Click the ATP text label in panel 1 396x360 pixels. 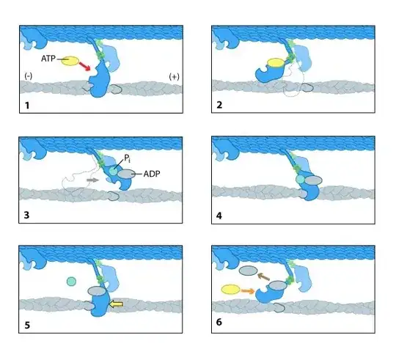click(x=48, y=59)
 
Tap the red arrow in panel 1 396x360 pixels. click(x=84, y=67)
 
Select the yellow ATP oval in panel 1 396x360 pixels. click(x=70, y=61)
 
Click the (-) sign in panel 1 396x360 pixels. click(x=29, y=76)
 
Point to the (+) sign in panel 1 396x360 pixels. click(x=174, y=76)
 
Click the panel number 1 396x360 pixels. click(x=27, y=105)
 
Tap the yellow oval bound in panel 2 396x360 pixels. click(x=276, y=62)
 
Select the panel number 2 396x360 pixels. click(x=219, y=105)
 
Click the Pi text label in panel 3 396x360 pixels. click(x=127, y=158)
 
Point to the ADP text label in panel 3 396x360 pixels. click(x=152, y=174)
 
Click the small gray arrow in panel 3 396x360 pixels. click(x=92, y=180)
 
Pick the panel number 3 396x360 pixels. click(x=26, y=215)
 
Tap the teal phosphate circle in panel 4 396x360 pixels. click(x=300, y=179)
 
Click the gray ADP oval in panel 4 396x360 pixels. click(x=313, y=180)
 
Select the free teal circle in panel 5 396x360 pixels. click(x=71, y=282)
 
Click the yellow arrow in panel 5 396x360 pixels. click(x=116, y=304)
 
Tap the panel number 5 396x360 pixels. click(x=27, y=325)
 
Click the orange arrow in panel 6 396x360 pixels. click(x=248, y=291)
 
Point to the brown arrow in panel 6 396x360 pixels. click(x=263, y=276)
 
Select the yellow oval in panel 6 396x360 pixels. click(x=230, y=290)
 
